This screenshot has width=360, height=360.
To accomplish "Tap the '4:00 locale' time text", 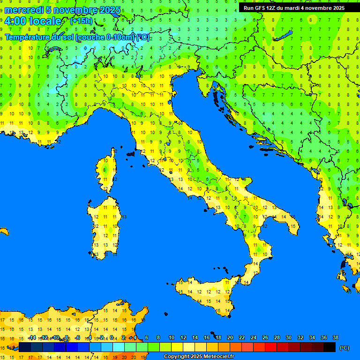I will coord(33,21).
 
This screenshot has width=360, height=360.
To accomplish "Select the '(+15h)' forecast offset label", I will coord(81,21).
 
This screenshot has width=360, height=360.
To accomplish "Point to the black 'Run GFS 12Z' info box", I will coord(294,7).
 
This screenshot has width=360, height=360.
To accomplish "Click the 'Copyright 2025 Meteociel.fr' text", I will coord(199,357).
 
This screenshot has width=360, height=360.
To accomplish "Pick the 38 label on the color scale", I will coord(335,337).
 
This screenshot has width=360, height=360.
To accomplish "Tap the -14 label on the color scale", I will coord(32,337).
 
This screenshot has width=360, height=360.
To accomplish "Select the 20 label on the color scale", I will coord(230,337).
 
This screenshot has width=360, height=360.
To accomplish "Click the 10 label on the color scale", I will coord(172,337).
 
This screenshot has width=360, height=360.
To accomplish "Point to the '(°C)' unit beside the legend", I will coord(344,348).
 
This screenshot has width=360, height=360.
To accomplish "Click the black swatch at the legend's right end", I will coord(330,347).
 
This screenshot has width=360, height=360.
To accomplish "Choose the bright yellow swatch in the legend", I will coord(177,347).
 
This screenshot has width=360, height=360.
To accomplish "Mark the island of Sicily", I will coord(206,293).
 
